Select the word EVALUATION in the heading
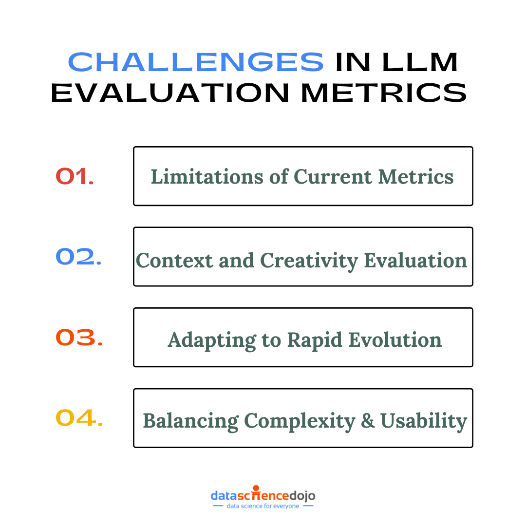170,92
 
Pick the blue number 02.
78,257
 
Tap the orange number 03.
79,338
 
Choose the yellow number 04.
79,418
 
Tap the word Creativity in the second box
310,261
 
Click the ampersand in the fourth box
367,421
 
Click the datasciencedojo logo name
263,496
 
